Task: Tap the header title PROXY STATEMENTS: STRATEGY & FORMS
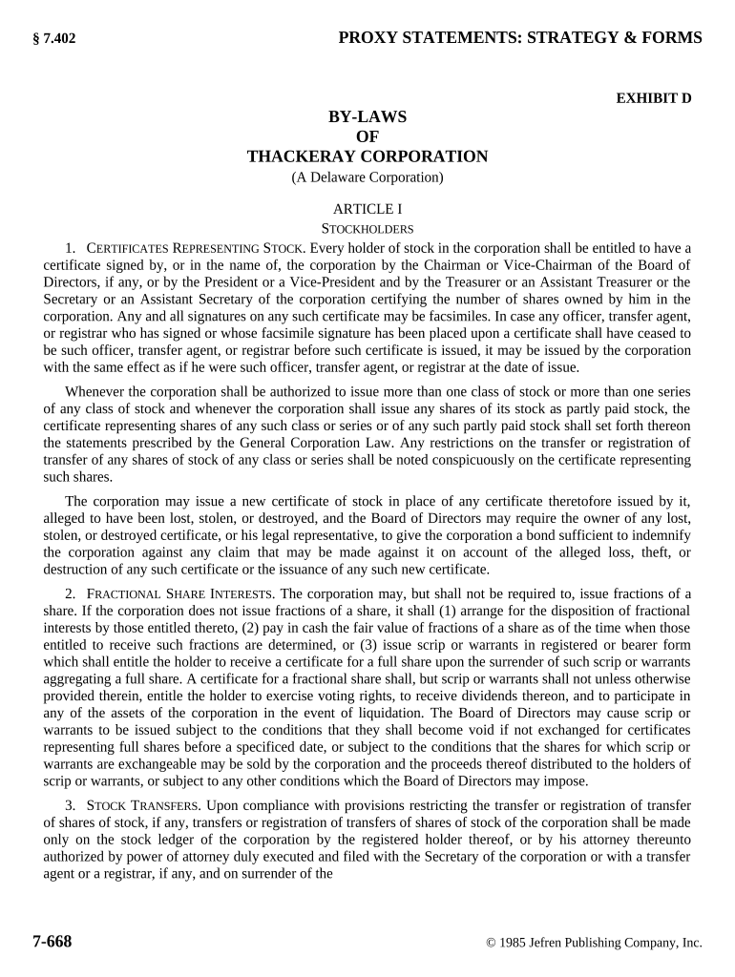coord(520,38)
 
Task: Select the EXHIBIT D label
coord(654,97)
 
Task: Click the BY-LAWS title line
coord(367,116)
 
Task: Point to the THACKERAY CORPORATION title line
coord(367,156)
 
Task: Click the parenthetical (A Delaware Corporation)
coord(367,177)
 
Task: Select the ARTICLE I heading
coord(367,209)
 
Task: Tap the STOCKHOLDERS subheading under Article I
coord(367,229)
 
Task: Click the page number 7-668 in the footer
coord(52,942)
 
